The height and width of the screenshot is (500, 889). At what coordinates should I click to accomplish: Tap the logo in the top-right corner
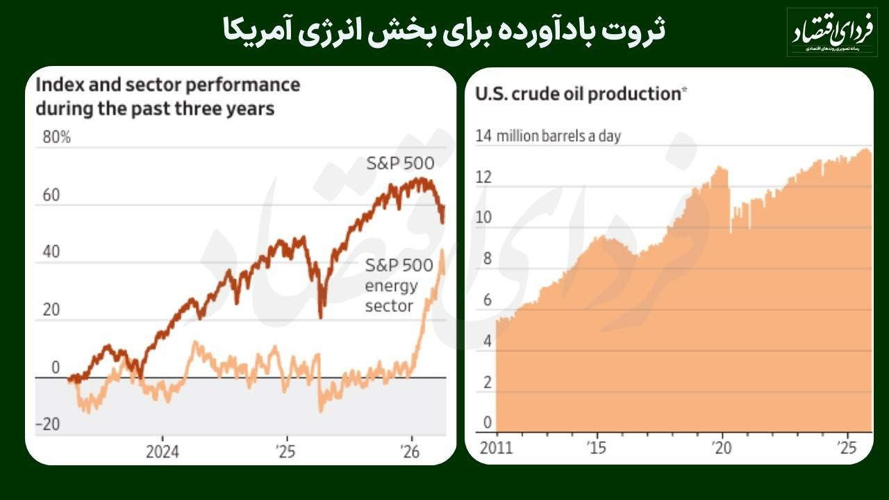[x=831, y=32]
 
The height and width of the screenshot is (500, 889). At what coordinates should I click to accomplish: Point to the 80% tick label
[x=57, y=137]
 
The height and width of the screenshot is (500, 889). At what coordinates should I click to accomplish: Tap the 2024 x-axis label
[x=162, y=452]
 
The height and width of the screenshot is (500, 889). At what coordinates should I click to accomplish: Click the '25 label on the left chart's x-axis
[x=285, y=452]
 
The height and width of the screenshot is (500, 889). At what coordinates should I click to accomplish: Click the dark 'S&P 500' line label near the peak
[x=400, y=164]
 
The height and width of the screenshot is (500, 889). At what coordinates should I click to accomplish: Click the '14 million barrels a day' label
[x=548, y=135]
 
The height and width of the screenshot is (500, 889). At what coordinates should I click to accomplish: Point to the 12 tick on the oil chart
[x=483, y=178]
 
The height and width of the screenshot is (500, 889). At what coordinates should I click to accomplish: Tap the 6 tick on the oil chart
[x=487, y=300]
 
